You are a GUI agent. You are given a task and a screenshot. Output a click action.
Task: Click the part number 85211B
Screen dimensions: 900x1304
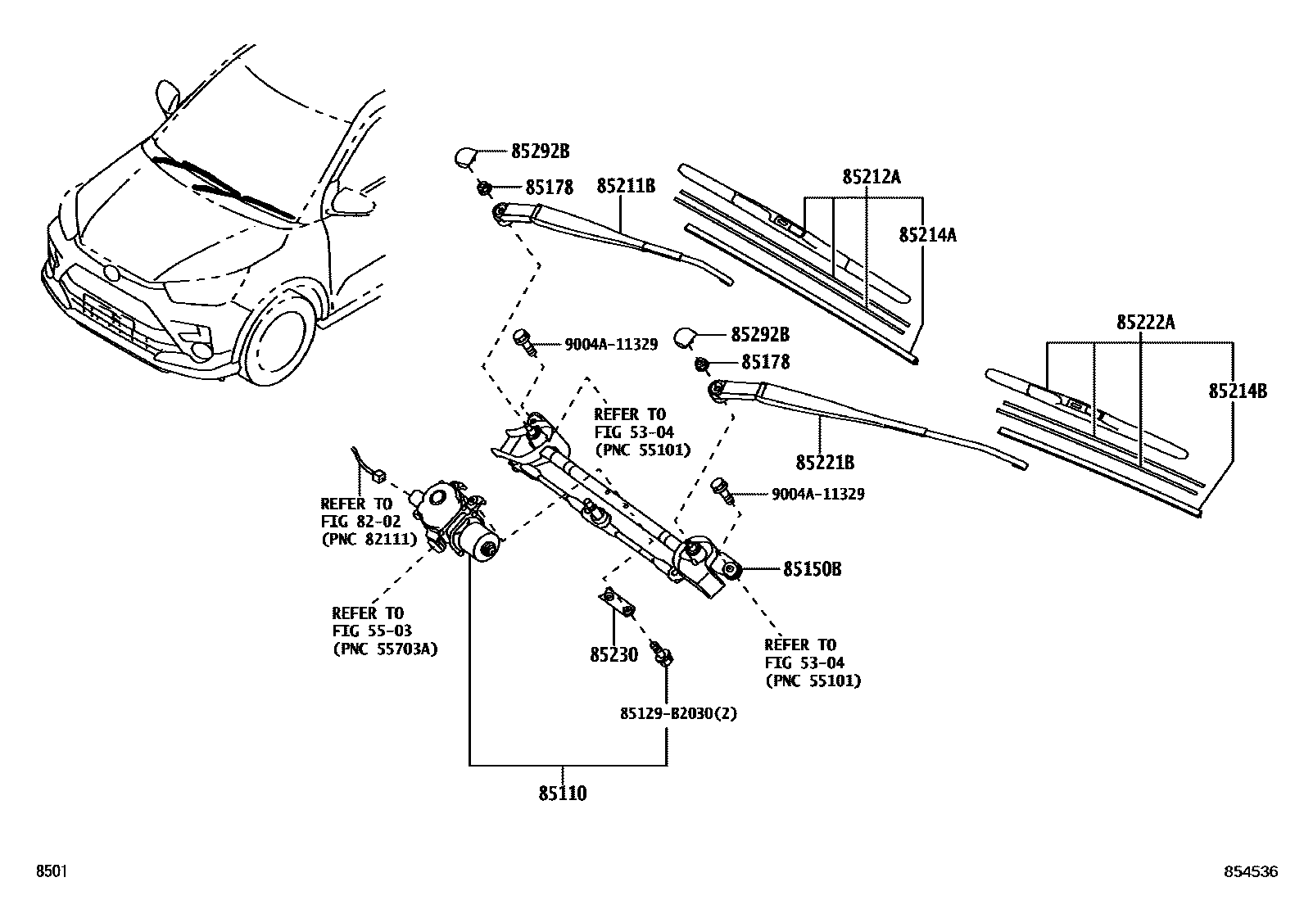(x=625, y=186)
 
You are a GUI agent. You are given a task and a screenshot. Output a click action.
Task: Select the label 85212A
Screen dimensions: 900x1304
(x=871, y=177)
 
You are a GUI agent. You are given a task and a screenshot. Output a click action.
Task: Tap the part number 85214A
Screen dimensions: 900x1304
(x=927, y=235)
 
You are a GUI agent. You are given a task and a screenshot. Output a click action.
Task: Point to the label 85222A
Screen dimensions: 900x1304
(x=1145, y=322)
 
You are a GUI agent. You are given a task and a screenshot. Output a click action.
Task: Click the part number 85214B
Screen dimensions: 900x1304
(x=1238, y=391)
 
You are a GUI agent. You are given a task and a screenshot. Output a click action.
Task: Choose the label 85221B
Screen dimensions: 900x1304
(x=825, y=464)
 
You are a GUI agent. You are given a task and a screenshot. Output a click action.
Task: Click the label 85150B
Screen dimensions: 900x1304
(x=812, y=569)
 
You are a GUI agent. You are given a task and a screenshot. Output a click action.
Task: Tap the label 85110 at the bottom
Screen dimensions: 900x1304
(x=563, y=793)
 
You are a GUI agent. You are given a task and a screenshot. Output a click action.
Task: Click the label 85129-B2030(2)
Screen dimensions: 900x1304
(x=678, y=713)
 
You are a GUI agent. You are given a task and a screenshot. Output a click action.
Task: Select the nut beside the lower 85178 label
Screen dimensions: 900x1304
(x=702, y=363)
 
